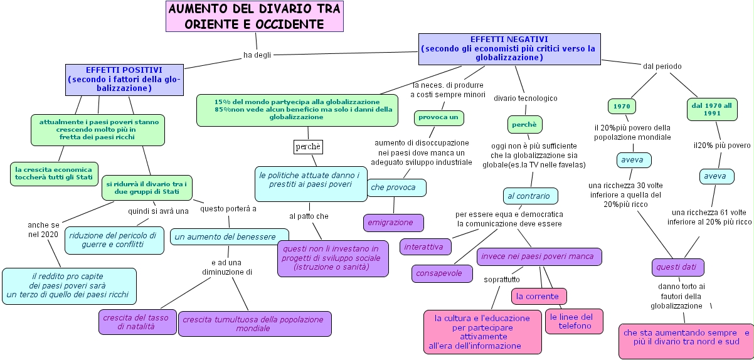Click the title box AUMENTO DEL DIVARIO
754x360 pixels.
pos(255,17)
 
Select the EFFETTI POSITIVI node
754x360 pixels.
pos(124,79)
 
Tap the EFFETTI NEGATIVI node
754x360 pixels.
pos(509,48)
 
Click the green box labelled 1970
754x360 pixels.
pos(622,106)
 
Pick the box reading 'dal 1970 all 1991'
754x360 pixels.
pos(711,110)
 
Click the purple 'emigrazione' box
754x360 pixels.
pos(393,223)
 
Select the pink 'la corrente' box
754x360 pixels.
pos(539,296)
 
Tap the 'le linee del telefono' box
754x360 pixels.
pos(573,321)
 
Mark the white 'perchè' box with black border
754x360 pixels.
pos(308,147)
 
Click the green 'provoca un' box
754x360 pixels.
pos(438,117)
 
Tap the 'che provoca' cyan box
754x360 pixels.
pos(396,188)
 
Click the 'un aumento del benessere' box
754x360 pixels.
pos(226,236)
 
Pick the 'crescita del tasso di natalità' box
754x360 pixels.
pos(137,322)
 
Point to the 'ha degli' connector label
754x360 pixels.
pos(257,55)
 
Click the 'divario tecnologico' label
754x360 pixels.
pos(525,98)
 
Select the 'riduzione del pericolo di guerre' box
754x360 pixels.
pos(115,240)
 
